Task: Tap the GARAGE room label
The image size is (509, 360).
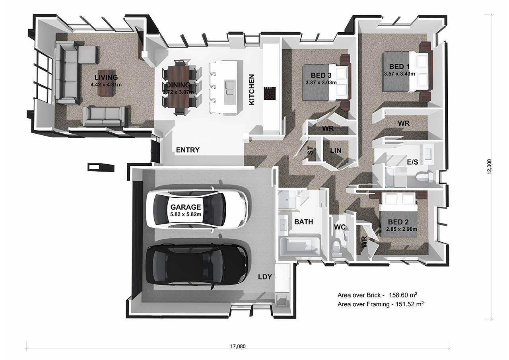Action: coord(186,207)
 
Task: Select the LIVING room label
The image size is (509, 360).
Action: coord(106,78)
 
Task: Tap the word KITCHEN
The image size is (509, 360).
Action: coord(252,90)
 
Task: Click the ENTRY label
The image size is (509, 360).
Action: coord(188,150)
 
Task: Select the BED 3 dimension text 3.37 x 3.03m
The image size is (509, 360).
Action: coord(321,83)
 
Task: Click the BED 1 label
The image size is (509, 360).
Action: coord(399,67)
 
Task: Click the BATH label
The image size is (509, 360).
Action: coord(303,222)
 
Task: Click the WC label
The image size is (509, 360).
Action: coord(340,227)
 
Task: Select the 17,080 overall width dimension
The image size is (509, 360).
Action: coord(238,346)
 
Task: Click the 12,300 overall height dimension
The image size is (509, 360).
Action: coord(490,166)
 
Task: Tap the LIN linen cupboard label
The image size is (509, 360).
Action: coord(336,150)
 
